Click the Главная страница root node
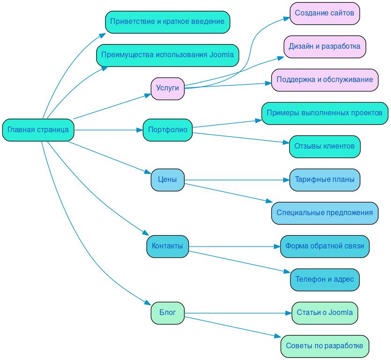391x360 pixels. click(x=38, y=130)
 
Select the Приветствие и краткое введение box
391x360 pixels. click(x=167, y=22)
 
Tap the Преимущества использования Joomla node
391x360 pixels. click(x=167, y=55)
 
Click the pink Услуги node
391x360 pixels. click(x=167, y=89)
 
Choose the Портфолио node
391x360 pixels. click(x=167, y=130)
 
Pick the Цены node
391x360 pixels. click(x=167, y=180)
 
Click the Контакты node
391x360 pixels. click(x=167, y=246)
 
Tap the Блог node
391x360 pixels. click(x=167, y=313)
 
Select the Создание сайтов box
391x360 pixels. click(x=324, y=14)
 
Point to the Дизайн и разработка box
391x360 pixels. click(x=324, y=47)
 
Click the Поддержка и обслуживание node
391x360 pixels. click(x=324, y=80)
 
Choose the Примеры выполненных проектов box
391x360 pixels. click(x=324, y=113)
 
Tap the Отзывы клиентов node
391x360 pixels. click(x=324, y=147)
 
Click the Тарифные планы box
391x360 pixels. click(x=324, y=180)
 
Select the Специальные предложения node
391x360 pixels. click(x=324, y=213)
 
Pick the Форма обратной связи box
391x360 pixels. click(x=324, y=246)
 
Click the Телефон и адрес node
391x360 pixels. click(x=324, y=279)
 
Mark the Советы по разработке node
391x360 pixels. click(x=324, y=346)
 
